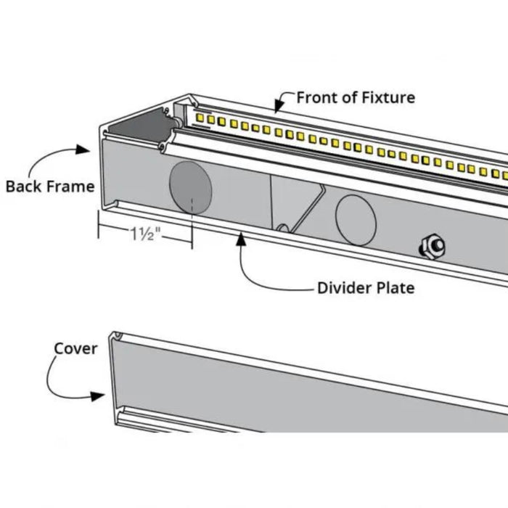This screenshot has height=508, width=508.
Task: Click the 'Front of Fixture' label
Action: [x=356, y=97]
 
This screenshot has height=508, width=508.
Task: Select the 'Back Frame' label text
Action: [x=50, y=187]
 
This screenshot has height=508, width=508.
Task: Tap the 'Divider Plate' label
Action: [x=366, y=288]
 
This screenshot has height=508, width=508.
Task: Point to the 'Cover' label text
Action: [x=75, y=348]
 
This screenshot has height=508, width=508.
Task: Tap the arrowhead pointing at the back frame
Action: [x=90, y=151]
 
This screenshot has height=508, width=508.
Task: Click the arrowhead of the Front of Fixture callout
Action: [x=277, y=110]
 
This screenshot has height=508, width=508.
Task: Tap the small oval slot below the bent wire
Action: [x=284, y=229]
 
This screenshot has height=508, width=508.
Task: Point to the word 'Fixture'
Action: [x=389, y=97]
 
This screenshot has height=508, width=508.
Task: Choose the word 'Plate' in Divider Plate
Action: [x=394, y=288]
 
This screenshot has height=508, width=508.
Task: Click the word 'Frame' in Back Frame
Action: [x=71, y=187]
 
